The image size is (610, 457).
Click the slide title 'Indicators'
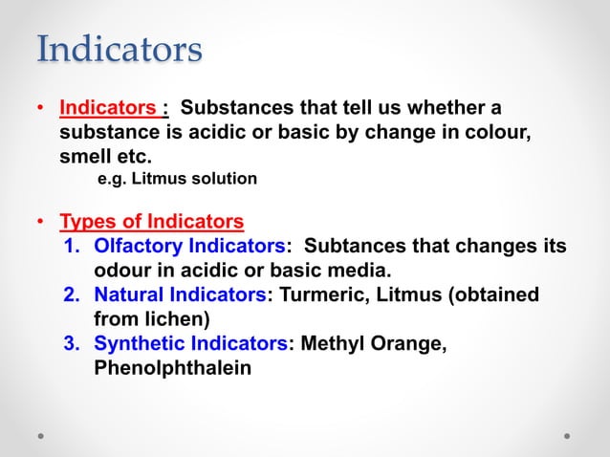click(120, 49)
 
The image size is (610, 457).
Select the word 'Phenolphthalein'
click(173, 367)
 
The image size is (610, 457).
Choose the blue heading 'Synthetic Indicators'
click(190, 343)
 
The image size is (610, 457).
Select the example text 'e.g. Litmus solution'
click(178, 179)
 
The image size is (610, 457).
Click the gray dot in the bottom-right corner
click(567, 435)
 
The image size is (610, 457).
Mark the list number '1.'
click(73, 247)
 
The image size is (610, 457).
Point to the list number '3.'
click(73, 343)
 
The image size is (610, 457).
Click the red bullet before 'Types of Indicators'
click(41, 224)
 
